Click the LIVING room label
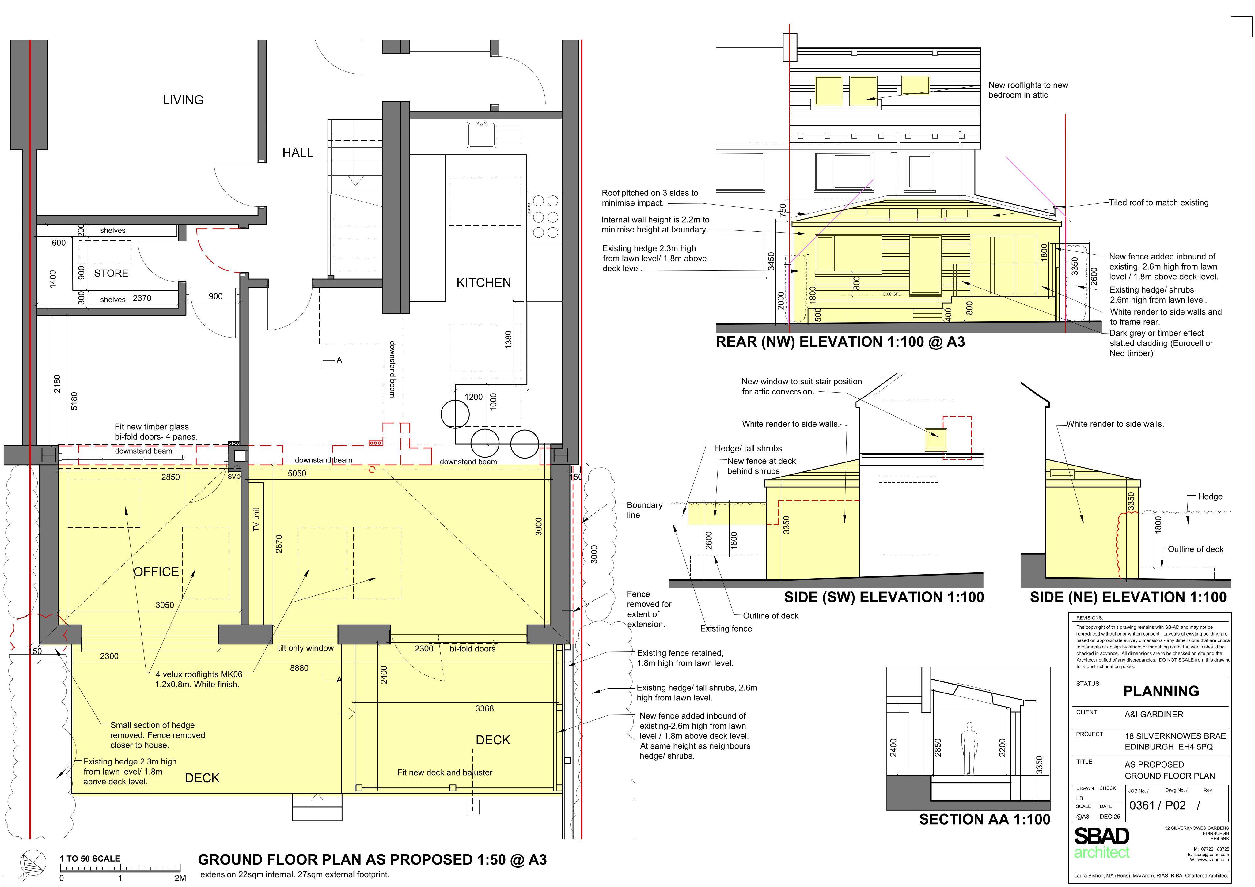pyautogui.click(x=183, y=100)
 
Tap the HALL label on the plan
pyautogui.click(x=298, y=153)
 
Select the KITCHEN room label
pyautogui.click(x=484, y=283)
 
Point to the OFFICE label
pyautogui.click(x=156, y=572)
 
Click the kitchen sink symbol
pyautogui.click(x=481, y=134)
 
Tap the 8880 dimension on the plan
pyautogui.click(x=299, y=668)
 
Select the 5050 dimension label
pyautogui.click(x=297, y=473)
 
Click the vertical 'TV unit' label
pyautogui.click(x=256, y=519)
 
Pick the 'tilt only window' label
pyautogui.click(x=305, y=648)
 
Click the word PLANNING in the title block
pyautogui.click(x=1161, y=691)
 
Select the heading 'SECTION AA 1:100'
pyautogui.click(x=984, y=819)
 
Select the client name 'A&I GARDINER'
pyautogui.click(x=1153, y=714)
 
